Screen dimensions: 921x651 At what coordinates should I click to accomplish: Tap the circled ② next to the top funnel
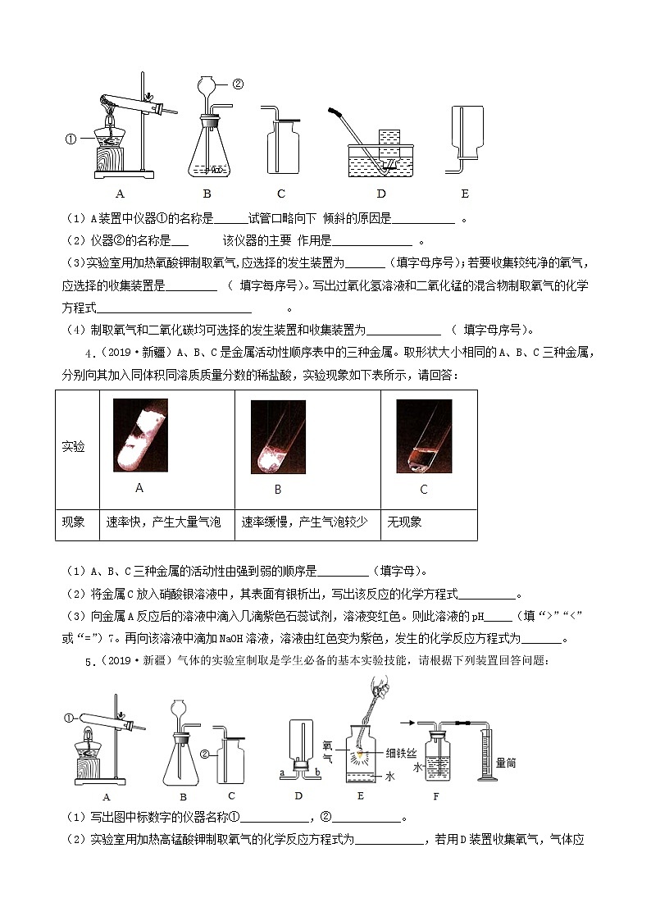(x=238, y=84)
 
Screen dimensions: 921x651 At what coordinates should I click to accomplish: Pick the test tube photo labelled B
(x=278, y=436)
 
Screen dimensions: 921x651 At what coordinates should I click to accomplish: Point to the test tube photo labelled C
(x=424, y=435)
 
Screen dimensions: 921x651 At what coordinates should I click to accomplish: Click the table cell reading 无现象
(x=405, y=522)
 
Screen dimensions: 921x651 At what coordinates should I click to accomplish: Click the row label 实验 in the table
(x=74, y=447)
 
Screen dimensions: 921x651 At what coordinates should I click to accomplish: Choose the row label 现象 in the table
(x=74, y=522)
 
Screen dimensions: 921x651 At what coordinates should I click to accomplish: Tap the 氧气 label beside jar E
(x=327, y=754)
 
